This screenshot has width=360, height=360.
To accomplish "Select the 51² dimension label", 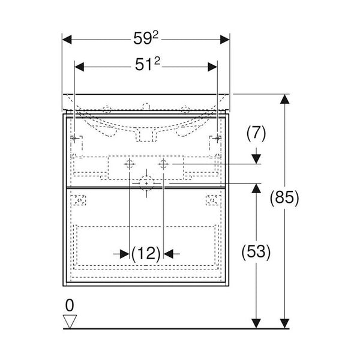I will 146,66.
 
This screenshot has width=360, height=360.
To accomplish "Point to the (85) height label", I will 284,197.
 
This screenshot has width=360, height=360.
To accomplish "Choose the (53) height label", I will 256,252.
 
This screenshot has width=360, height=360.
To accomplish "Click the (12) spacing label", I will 146,253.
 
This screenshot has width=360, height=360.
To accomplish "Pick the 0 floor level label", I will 70,306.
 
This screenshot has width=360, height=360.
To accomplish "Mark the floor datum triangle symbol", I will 70,322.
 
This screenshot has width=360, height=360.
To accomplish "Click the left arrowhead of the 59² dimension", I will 68,40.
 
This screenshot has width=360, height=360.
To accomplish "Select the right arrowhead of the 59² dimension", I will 225,40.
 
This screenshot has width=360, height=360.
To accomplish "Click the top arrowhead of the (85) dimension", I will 284,100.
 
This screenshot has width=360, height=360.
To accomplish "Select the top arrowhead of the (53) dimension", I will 256,188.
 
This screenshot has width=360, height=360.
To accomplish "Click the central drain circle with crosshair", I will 146,182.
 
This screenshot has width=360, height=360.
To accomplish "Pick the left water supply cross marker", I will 130,164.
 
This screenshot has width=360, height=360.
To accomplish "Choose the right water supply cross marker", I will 163,164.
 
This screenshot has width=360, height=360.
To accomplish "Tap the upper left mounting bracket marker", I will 75,139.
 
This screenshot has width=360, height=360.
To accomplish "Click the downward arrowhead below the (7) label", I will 256,158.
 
